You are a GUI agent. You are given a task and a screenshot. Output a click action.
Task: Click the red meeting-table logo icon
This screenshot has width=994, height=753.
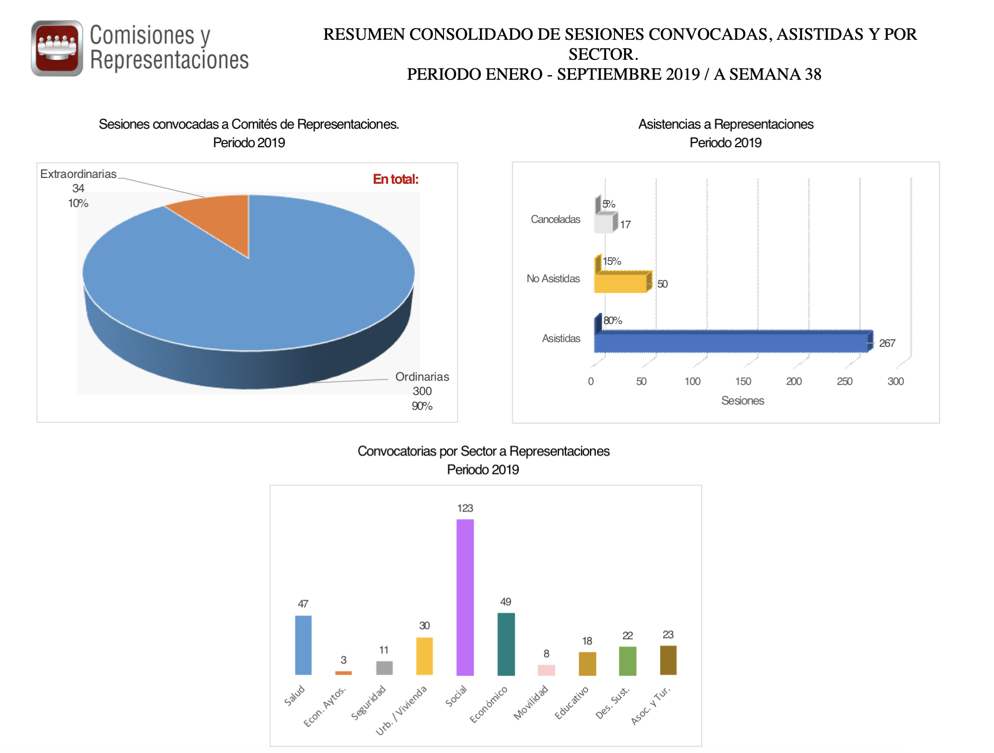click(x=57, y=48)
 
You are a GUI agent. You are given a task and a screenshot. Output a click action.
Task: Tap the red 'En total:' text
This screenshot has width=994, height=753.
click(x=395, y=180)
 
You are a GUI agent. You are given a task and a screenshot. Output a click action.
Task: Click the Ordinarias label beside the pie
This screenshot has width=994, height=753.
click(x=422, y=377)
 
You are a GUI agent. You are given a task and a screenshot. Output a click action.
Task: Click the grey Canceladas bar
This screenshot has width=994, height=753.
click(x=604, y=223)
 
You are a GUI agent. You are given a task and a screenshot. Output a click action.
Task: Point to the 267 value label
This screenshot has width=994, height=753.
click(x=887, y=343)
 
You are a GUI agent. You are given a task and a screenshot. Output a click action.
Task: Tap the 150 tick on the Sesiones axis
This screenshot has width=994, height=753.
click(x=743, y=381)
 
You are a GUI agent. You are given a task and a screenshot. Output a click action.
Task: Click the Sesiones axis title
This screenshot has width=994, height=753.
click(x=743, y=401)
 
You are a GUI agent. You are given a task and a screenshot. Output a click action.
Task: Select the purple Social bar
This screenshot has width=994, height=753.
click(x=465, y=597)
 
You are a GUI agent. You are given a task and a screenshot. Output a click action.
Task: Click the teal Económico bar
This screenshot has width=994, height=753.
click(x=506, y=644)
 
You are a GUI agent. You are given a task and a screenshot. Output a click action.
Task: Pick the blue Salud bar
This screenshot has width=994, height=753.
click(x=303, y=645)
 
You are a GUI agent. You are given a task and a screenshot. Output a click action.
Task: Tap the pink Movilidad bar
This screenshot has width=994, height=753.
click(x=546, y=670)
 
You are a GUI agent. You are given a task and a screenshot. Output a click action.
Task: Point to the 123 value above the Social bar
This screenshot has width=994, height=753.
click(x=465, y=508)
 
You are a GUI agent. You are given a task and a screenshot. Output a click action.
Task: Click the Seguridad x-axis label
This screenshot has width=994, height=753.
click(x=369, y=703)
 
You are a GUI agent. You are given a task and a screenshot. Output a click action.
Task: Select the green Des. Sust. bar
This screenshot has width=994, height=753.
click(x=628, y=661)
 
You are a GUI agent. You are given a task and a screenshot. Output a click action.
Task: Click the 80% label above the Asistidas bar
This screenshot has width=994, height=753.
click(x=612, y=320)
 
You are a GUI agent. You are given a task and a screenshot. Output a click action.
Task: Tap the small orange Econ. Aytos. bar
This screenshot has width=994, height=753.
click(x=344, y=673)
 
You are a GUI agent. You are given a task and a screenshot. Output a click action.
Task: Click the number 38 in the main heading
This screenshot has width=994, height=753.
click(x=813, y=74)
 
